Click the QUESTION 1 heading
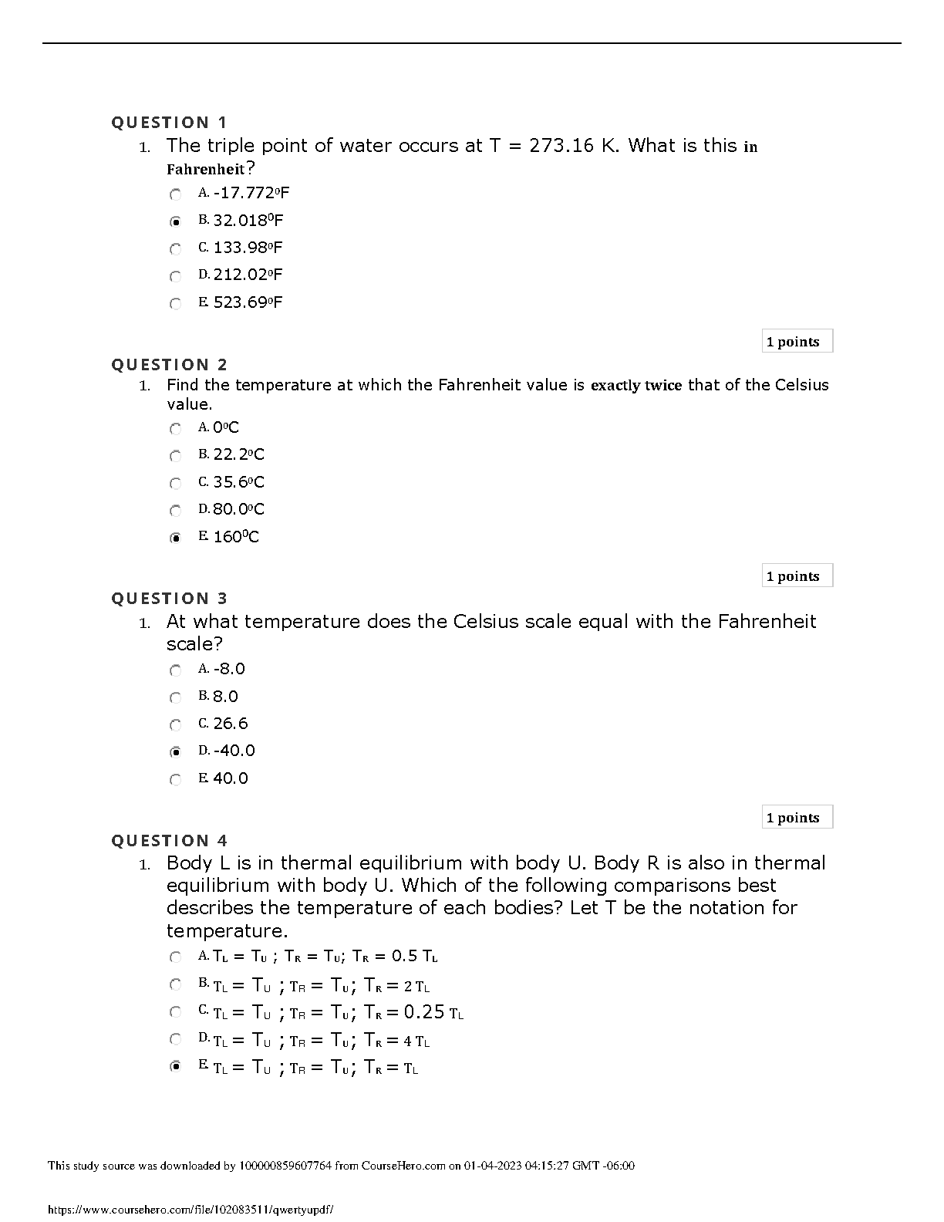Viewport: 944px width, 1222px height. pyautogui.click(x=169, y=123)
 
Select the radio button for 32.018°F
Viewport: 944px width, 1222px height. pyautogui.click(x=176, y=221)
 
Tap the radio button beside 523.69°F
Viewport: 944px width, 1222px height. pyautogui.click(x=176, y=303)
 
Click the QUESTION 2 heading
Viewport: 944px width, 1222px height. pyautogui.click(x=169, y=365)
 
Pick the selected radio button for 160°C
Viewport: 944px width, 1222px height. pyautogui.click(x=176, y=538)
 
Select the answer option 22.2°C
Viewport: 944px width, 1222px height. pyautogui.click(x=238, y=454)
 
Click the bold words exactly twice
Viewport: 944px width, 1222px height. pyautogui.click(x=636, y=385)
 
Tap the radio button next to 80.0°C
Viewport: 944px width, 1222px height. pyautogui.click(x=176, y=511)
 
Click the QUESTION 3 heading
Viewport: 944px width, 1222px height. pyautogui.click(x=169, y=599)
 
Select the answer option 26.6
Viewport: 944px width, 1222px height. pyautogui.click(x=231, y=724)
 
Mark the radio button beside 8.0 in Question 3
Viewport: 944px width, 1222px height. pyautogui.click(x=176, y=698)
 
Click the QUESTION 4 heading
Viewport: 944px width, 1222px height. pyautogui.click(x=169, y=841)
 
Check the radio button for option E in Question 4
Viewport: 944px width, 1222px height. pyautogui.click(x=176, y=1067)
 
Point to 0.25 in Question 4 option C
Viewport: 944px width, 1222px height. pyautogui.click(x=424, y=1011)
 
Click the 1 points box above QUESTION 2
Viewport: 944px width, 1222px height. pyautogui.click(x=797, y=342)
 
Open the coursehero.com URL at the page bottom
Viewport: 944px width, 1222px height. pyautogui.click(x=190, y=1210)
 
